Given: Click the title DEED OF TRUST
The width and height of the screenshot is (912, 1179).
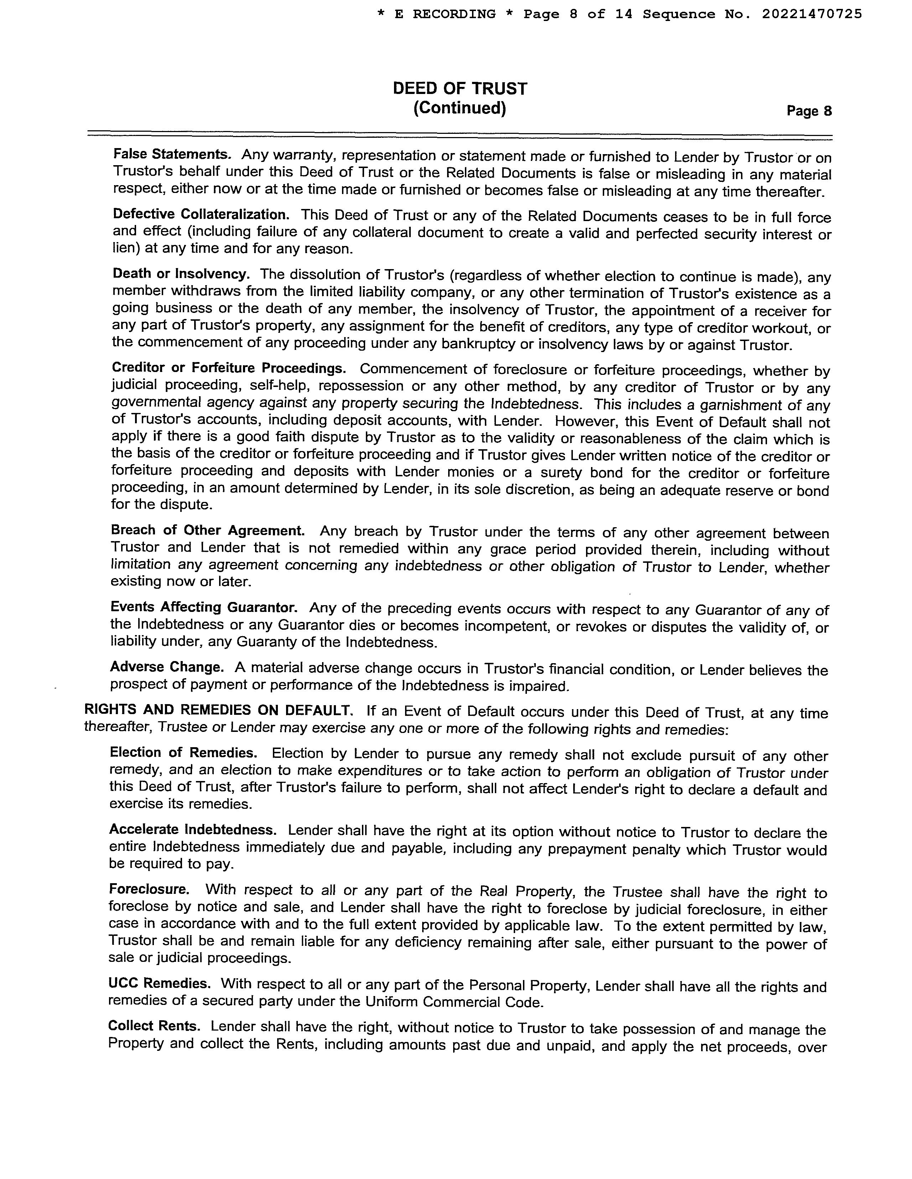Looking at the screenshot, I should click(x=460, y=89).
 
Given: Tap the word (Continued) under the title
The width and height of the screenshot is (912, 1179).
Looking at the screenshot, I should click(x=460, y=109).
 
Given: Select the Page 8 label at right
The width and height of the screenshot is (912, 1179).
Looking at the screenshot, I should click(x=809, y=111).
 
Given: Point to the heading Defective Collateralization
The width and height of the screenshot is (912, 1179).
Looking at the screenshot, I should click(x=201, y=214).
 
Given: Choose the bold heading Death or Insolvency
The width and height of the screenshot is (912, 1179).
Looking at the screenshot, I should click(x=181, y=274).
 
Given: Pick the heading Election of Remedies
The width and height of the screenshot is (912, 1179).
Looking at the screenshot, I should click(x=183, y=753).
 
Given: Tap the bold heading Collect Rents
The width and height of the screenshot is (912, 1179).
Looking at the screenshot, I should click(x=154, y=1026).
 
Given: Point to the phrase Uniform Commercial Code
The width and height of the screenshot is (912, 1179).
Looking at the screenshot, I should click(x=453, y=1002).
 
